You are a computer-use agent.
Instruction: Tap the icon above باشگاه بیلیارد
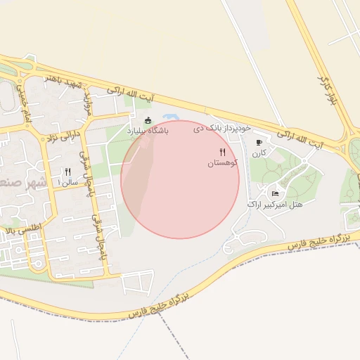(148, 120)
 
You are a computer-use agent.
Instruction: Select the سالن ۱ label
(69, 182)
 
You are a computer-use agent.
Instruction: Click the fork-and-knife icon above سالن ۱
(68, 172)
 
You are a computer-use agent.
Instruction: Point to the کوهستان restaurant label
(223, 162)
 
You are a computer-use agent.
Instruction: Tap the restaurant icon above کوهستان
(223, 152)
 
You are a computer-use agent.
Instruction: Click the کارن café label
(259, 152)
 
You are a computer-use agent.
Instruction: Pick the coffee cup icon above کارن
(259, 142)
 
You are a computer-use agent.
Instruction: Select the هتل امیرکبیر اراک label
(275, 204)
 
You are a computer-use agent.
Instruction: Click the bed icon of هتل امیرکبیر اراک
(275, 193)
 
